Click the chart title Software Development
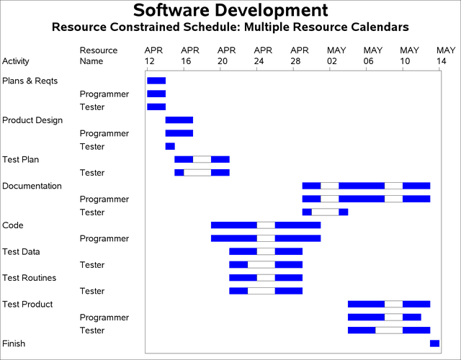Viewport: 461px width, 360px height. (230, 11)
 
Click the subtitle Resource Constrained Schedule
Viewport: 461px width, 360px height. (230, 27)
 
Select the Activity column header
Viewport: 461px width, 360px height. (16, 61)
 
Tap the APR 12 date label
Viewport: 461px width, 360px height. (153, 55)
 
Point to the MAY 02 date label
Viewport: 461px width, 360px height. (336, 55)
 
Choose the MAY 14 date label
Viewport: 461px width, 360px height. (446, 55)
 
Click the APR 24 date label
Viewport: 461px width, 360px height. (264, 55)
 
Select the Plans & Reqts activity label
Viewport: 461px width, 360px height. (30, 81)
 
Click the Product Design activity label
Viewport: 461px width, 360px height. (32, 120)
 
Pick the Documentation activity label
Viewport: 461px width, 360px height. (32, 186)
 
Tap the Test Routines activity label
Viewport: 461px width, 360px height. (30, 278)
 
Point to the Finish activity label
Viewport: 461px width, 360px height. (14, 343)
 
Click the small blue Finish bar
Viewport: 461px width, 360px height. (434, 343)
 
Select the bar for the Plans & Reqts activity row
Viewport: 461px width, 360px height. (156, 81)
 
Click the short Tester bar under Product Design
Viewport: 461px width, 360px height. (170, 146)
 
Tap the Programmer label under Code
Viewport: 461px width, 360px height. (104, 238)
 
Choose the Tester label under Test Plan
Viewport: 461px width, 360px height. (92, 173)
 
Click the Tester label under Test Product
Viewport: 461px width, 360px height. (92, 330)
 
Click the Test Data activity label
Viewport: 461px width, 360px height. (22, 251)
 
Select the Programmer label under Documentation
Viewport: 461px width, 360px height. (104, 199)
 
